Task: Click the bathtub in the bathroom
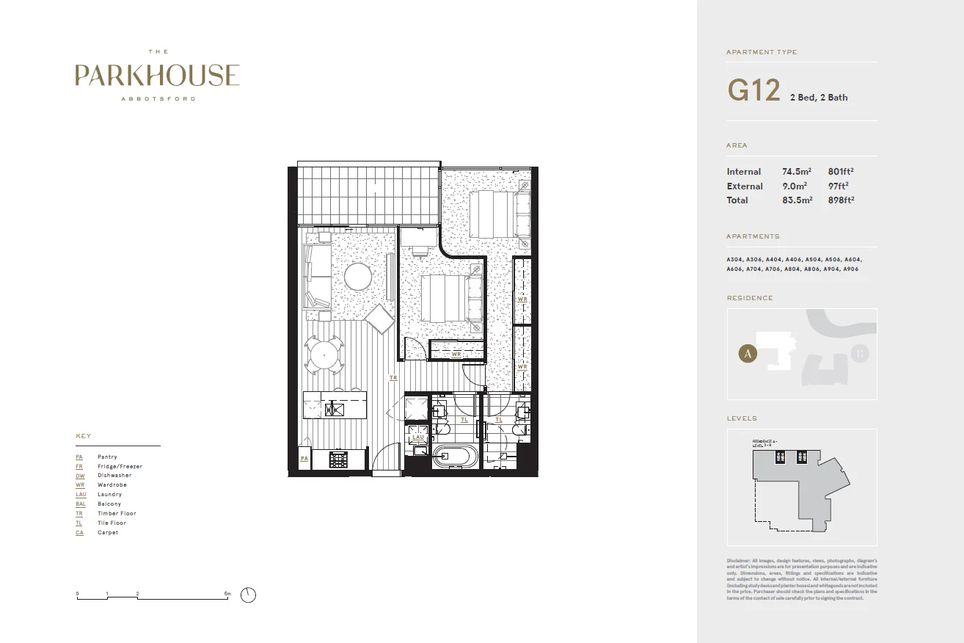(x=455, y=456)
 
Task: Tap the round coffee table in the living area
(x=358, y=277)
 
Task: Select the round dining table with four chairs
(x=324, y=356)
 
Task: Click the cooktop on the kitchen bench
(x=338, y=459)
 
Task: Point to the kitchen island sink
(x=334, y=409)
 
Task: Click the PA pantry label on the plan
(x=304, y=459)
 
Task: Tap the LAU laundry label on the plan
(x=418, y=437)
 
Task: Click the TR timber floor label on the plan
(x=393, y=378)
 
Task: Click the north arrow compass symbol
(x=249, y=595)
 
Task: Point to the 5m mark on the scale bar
(x=227, y=593)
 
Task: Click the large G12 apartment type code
(x=753, y=91)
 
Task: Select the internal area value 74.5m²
(x=797, y=172)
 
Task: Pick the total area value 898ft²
(x=841, y=200)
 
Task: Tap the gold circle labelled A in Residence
(x=747, y=354)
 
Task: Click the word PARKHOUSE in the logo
(x=157, y=76)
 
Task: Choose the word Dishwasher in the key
(x=114, y=476)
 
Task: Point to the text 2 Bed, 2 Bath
(x=818, y=98)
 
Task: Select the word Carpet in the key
(x=108, y=533)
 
